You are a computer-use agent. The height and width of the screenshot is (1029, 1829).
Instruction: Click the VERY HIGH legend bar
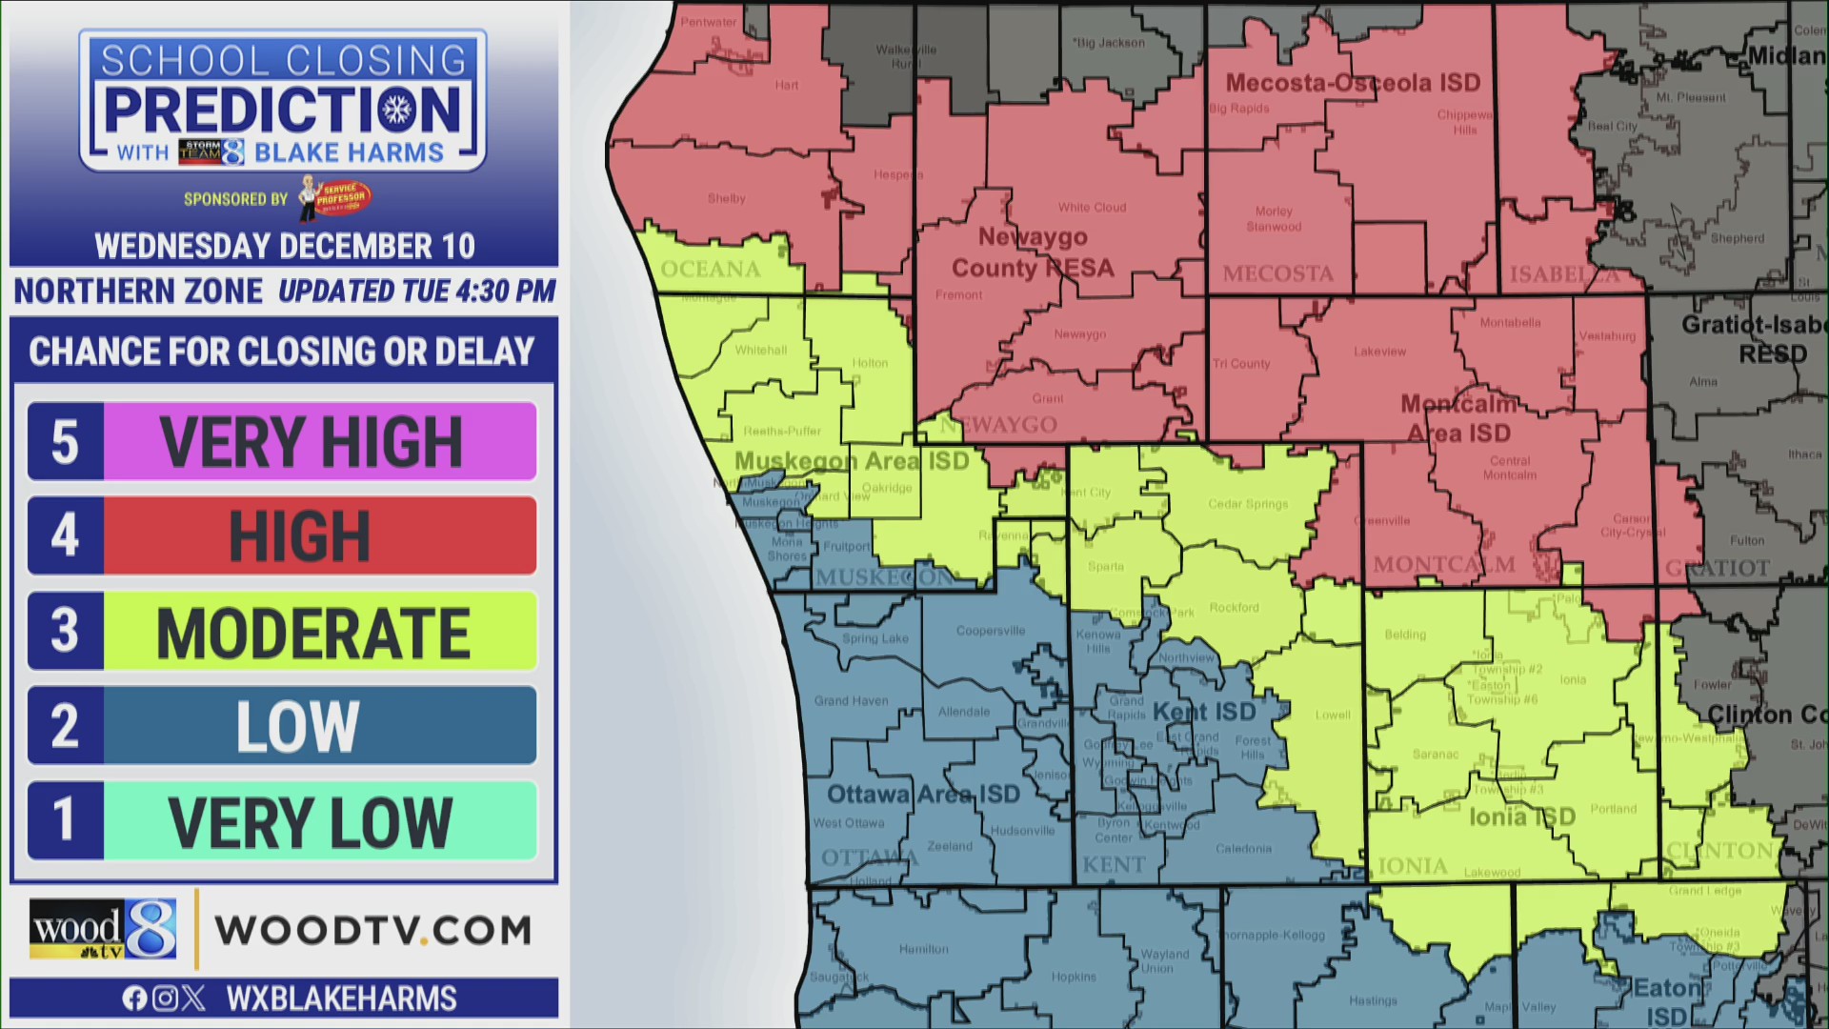coord(319,441)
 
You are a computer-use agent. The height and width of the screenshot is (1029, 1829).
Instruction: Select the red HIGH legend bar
coord(319,535)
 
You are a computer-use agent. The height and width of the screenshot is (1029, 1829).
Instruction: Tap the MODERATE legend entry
coord(319,631)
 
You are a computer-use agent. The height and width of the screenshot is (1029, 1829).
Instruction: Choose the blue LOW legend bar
coord(319,726)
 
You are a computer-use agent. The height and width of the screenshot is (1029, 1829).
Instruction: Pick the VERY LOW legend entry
coord(319,821)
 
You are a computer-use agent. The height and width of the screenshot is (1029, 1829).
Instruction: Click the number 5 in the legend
coord(65,441)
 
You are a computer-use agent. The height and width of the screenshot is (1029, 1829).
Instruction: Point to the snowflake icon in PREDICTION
coord(397,111)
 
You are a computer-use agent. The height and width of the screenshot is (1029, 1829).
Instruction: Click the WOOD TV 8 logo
coord(103,929)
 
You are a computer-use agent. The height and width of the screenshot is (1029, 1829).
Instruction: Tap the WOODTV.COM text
coord(372,931)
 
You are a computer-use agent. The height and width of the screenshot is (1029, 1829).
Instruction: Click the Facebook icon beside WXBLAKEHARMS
coord(134,999)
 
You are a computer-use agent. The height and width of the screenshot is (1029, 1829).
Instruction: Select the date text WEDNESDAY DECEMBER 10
coord(284,247)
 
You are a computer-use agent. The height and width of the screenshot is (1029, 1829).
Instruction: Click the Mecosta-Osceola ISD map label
coord(1353,83)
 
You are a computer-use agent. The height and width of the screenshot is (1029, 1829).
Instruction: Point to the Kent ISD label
coord(1204,712)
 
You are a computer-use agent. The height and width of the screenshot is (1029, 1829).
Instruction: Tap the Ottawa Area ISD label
coord(923,794)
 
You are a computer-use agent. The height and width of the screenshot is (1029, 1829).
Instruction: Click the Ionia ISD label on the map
coord(1521,817)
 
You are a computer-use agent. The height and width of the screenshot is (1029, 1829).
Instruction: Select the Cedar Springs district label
coord(1248,504)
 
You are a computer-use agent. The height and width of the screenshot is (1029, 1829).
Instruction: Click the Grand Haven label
coord(851,701)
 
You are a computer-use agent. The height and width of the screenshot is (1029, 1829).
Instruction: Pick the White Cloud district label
coord(1092,208)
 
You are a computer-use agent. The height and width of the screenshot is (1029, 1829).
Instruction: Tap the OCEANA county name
coord(711,270)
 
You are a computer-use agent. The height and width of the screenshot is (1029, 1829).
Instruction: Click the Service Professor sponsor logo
coord(335,197)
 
